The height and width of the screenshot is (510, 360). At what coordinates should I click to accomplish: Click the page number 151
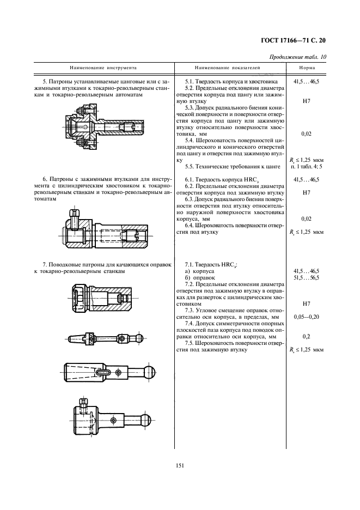[x=180, y=465]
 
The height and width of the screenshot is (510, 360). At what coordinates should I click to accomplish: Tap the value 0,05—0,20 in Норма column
[x=306, y=316]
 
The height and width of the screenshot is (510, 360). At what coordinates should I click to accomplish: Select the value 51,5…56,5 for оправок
[x=306, y=277]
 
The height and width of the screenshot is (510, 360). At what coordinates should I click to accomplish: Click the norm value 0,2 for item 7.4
[x=306, y=337]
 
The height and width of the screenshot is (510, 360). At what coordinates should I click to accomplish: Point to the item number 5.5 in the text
[x=190, y=166]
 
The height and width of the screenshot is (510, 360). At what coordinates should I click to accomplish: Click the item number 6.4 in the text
[x=190, y=225]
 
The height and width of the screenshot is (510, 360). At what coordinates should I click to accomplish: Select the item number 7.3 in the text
[x=190, y=309]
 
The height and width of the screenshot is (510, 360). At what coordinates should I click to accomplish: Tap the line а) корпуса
[x=200, y=271]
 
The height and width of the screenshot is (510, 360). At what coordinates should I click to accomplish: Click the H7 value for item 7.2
[x=306, y=303]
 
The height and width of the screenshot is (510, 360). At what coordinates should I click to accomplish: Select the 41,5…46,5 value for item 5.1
[x=306, y=81]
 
